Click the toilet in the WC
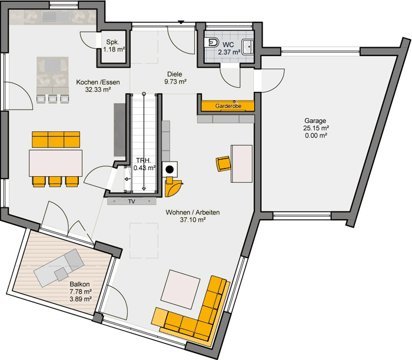[213, 42]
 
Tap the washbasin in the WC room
[248, 47]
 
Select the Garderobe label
[228, 106]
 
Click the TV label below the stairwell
[132, 202]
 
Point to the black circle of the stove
[170, 170]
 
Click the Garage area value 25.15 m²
[316, 128]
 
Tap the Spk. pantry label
[113, 42]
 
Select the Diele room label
[175, 74]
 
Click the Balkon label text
[79, 284]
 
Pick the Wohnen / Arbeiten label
[192, 212]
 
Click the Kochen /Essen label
[98, 82]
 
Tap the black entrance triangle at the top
[181, 22]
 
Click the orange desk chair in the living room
[223, 164]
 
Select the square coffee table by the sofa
[181, 289]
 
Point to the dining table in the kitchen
[55, 163]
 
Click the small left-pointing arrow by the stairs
[128, 179]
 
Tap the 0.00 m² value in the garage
[316, 136]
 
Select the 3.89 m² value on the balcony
[81, 299]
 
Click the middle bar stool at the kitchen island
[52, 98]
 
